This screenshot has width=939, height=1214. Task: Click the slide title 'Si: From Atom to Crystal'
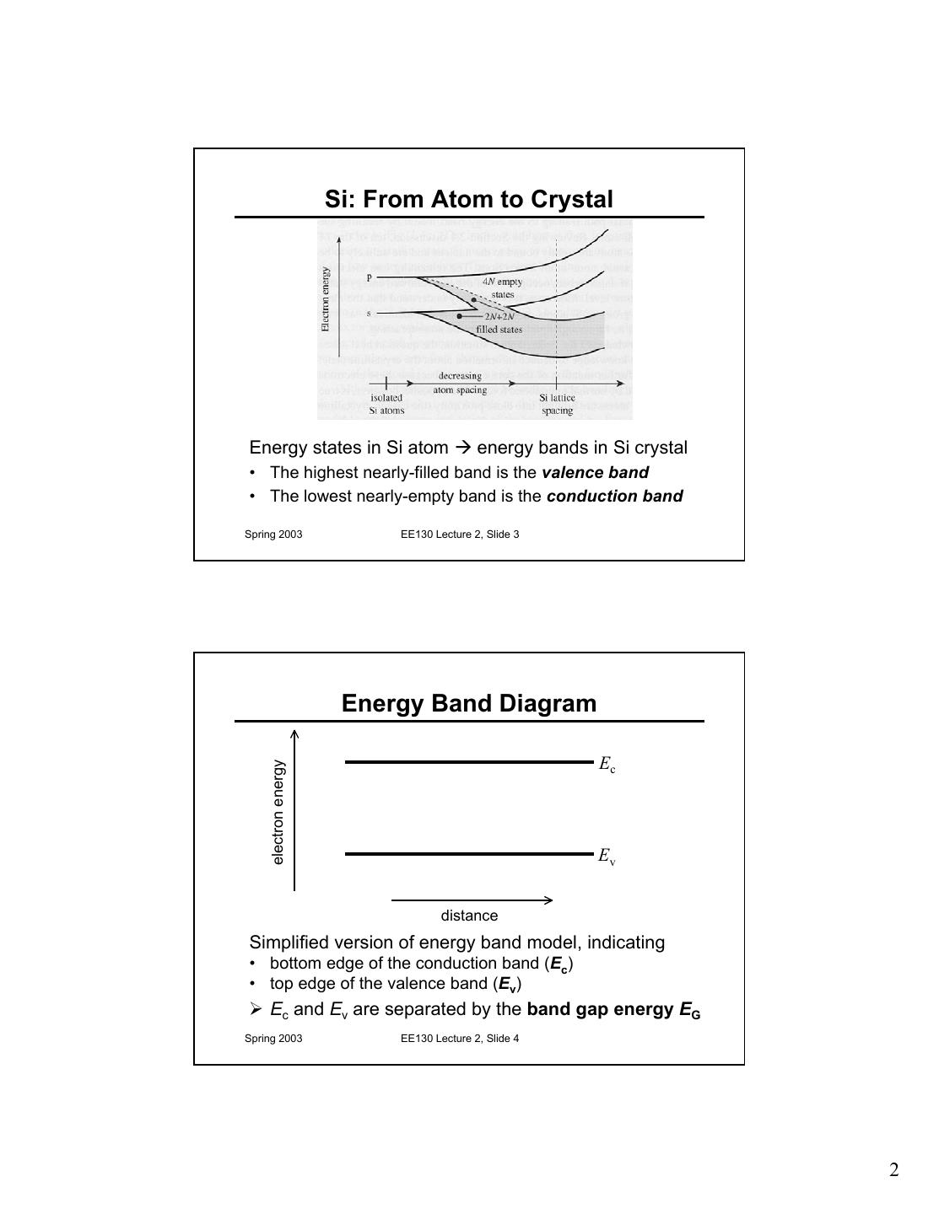coord(468,200)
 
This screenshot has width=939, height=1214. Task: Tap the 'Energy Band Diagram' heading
coord(468,704)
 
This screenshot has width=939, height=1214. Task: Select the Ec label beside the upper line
coord(607,765)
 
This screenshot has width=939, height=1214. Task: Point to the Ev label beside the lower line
coord(607,857)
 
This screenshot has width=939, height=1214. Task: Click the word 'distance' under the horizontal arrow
coord(469,916)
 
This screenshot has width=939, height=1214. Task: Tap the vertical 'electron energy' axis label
coord(278,812)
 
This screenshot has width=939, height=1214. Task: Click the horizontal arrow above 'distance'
coord(472,900)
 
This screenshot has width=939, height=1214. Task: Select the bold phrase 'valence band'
coord(595,473)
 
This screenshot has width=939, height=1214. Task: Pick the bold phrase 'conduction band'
coord(614,497)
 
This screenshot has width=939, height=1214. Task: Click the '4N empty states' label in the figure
coord(502,288)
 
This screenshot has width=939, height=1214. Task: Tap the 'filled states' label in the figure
coord(499,330)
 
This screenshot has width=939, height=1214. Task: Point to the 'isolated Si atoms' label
coord(386,404)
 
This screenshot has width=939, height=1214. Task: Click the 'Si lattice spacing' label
coord(557,404)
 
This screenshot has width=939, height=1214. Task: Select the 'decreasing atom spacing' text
coord(460,383)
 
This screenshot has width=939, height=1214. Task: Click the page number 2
coord(893,1170)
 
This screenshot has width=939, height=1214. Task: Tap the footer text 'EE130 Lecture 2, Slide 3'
coord(460,534)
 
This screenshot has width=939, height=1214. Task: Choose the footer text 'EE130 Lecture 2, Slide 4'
coord(460,1039)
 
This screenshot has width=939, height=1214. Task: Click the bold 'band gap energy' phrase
coord(601,1009)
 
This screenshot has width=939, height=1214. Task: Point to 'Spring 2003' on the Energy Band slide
coord(273,1039)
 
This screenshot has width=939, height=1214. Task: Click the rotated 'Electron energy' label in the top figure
coord(326,299)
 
